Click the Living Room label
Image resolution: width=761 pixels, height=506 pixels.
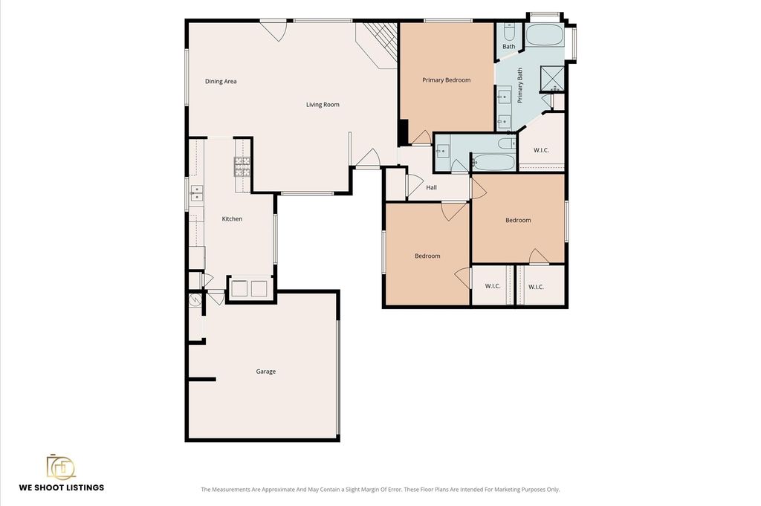click(x=323, y=104)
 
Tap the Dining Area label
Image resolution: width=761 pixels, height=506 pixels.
click(x=221, y=81)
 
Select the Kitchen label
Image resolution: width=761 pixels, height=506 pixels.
click(x=232, y=218)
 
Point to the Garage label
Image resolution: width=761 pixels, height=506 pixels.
click(x=266, y=371)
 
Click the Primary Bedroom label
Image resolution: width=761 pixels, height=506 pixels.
click(x=447, y=80)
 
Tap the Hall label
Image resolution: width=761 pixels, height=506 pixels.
click(x=432, y=187)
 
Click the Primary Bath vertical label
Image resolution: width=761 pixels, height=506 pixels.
click(x=519, y=85)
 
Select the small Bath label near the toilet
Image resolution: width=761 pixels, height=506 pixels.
click(x=508, y=47)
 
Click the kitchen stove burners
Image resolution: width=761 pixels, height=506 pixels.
click(x=242, y=166)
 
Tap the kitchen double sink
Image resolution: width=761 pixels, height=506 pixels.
click(x=196, y=192)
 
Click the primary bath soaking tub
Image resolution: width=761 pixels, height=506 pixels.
click(x=545, y=34)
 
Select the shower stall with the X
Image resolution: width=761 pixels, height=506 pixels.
click(x=552, y=78)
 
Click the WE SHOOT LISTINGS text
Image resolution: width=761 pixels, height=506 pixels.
click(x=62, y=487)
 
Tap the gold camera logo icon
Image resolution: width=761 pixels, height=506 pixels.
click(x=61, y=467)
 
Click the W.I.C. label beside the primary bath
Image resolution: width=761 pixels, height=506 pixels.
click(x=541, y=150)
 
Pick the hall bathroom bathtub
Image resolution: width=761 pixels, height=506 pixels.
click(x=493, y=162)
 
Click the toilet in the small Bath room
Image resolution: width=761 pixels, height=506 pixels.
click(x=509, y=32)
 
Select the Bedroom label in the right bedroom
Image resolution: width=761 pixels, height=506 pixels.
click(x=518, y=220)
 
